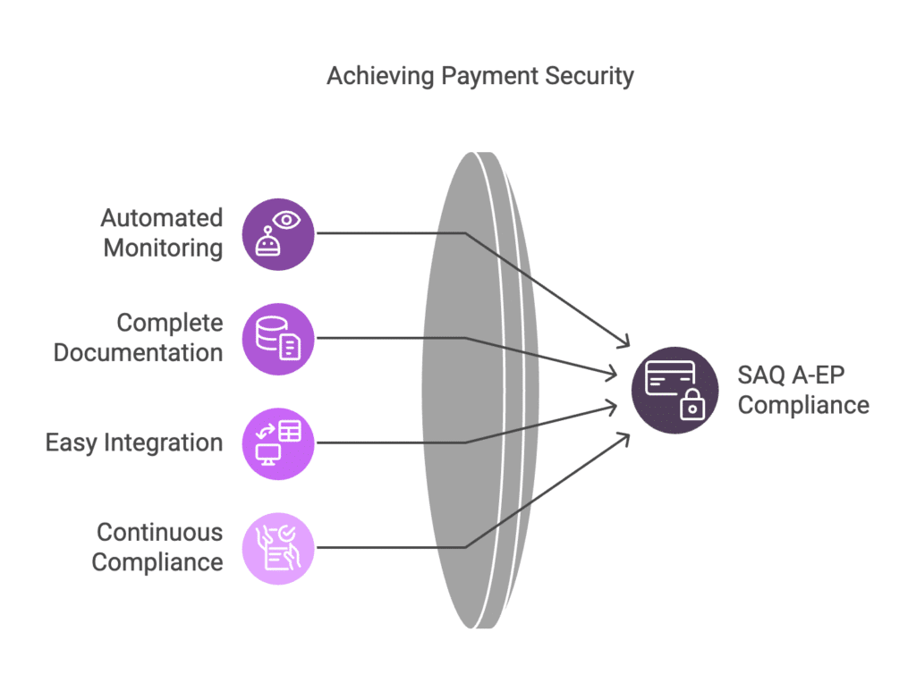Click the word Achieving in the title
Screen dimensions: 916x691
[380, 77]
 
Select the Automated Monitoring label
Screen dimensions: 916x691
[163, 232]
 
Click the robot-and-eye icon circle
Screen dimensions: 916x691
[278, 234]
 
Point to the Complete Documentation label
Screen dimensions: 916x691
[139, 337]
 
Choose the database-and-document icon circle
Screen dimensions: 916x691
[278, 339]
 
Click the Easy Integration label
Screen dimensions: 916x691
[134, 442]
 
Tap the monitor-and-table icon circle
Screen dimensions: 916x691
[278, 443]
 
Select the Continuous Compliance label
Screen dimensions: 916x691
[157, 547]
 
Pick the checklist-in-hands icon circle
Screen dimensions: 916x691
[278, 548]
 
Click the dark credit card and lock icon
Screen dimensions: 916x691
[674, 390]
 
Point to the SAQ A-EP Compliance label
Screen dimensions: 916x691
[803, 390]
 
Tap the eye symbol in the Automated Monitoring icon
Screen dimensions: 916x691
[286, 221]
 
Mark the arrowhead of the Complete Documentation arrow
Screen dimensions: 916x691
[612, 373]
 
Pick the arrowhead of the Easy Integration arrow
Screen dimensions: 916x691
[612, 407]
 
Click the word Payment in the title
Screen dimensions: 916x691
[489, 77]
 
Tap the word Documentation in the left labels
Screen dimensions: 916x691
[139, 352]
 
